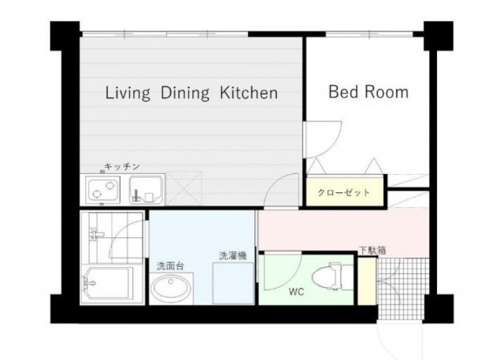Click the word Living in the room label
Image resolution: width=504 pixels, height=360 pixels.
128,93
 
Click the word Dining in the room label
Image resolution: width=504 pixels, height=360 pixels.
185,93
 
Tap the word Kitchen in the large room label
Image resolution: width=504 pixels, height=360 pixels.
249,93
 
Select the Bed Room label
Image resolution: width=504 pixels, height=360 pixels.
369,92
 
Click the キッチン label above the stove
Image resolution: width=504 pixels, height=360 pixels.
122,166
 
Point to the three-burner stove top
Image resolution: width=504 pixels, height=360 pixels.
103,190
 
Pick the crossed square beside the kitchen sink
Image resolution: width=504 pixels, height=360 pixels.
183,189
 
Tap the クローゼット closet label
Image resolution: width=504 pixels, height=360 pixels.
344,192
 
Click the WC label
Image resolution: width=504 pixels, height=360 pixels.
296,291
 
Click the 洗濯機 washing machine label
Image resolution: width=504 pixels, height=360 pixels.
233,256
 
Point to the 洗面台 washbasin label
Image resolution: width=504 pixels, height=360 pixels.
170,266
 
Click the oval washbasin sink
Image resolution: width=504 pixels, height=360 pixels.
171,288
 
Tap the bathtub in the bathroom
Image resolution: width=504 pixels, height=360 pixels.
108,284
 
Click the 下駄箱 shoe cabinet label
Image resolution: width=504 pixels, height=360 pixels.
372,251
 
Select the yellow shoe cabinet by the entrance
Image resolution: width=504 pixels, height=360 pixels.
367,281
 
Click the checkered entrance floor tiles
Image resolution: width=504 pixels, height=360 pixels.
403,288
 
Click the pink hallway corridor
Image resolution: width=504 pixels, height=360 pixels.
343,230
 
